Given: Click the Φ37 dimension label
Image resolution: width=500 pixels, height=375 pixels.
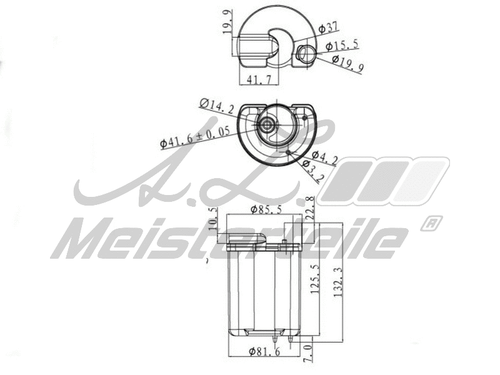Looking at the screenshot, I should point(328,28).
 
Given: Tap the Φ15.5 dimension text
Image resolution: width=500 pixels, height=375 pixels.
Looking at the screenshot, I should point(341,46).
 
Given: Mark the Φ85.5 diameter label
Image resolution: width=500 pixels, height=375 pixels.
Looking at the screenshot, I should point(267,209).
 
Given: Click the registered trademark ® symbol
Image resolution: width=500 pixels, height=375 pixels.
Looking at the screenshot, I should point(431,223).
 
